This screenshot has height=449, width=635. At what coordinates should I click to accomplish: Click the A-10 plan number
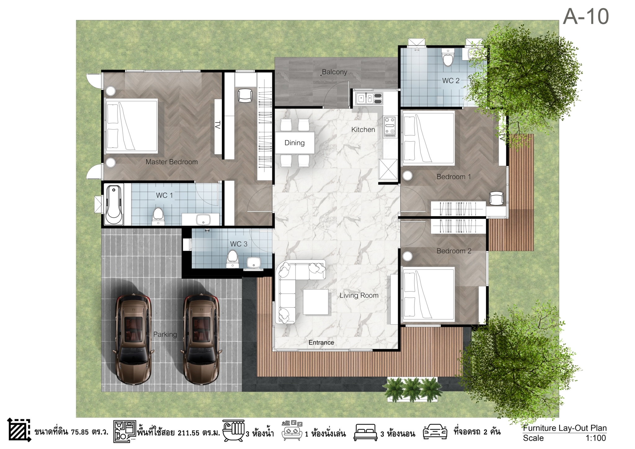coord(586,16)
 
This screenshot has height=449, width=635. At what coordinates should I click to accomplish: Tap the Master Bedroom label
coord(171,162)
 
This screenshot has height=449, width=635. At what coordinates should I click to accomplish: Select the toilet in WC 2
coord(448,58)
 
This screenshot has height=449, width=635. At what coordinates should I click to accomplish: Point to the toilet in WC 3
coord(232,259)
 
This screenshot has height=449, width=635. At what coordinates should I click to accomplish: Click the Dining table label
coord(295,143)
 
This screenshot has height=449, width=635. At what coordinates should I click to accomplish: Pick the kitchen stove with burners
coord(390,127)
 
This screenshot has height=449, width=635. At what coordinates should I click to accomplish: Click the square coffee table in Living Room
coord(316,302)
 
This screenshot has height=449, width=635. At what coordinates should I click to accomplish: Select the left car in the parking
coord(133,340)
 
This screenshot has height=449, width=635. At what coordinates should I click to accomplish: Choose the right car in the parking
coord(202,340)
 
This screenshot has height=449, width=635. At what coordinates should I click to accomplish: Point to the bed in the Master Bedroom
coord(131,126)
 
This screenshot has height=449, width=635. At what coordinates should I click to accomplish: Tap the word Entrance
coord(321,342)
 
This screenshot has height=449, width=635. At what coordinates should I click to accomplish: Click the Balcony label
coord(334,72)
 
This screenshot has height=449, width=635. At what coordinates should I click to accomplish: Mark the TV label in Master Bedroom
coord(218,125)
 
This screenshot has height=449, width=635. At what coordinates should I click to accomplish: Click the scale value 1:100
coord(595,438)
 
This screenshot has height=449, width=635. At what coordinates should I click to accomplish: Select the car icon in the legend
coord(435,431)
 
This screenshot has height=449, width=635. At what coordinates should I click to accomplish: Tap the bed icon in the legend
coord(366,432)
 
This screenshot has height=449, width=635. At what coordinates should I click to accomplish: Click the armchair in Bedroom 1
coord(496,198)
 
